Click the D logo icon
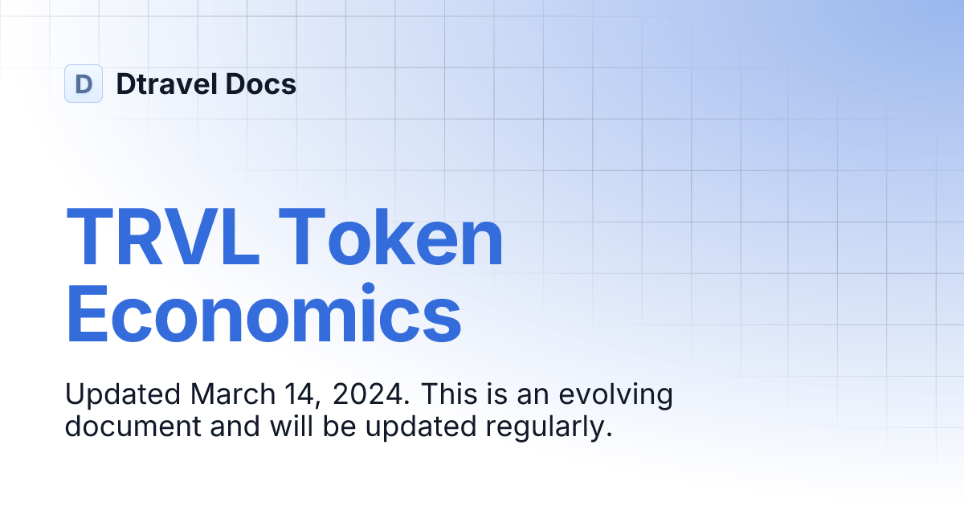pyautogui.click(x=84, y=84)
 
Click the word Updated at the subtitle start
pyautogui.click(x=122, y=394)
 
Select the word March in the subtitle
pyautogui.click(x=230, y=394)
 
